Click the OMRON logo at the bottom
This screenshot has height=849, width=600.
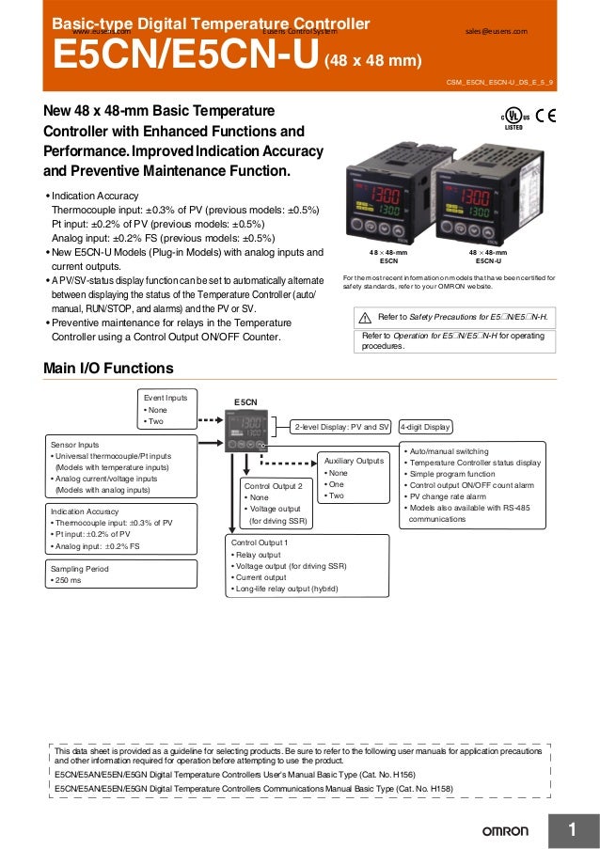click(x=506, y=831)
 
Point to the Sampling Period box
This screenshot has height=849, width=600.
click(x=123, y=574)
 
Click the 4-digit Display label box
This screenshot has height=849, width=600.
click(x=426, y=427)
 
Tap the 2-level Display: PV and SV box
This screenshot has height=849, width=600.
click(x=343, y=427)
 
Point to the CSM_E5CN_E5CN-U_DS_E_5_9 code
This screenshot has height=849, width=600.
click(x=499, y=84)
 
